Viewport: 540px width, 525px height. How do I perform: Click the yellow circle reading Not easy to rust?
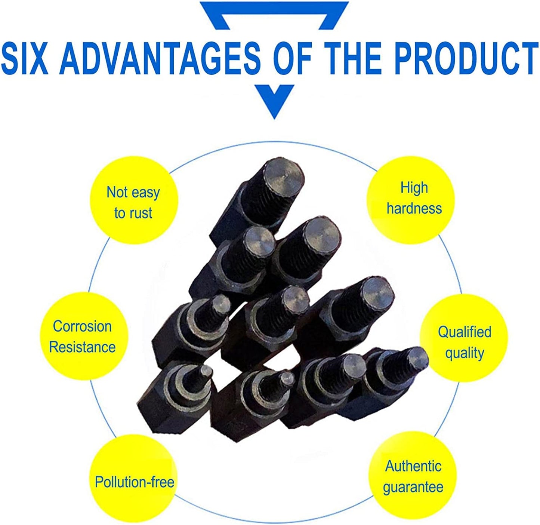pyautogui.click(x=133, y=202)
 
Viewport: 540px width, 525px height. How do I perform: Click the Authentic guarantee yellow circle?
pyautogui.click(x=413, y=476)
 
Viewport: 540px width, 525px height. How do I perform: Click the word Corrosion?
pyautogui.click(x=82, y=326)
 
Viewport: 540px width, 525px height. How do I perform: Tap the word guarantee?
pyautogui.click(x=413, y=487)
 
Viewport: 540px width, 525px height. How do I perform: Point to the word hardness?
pyautogui.click(x=414, y=209)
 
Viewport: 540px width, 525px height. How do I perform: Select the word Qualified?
pyautogui.click(x=465, y=332)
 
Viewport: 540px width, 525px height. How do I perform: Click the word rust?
pyautogui.click(x=141, y=213)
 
